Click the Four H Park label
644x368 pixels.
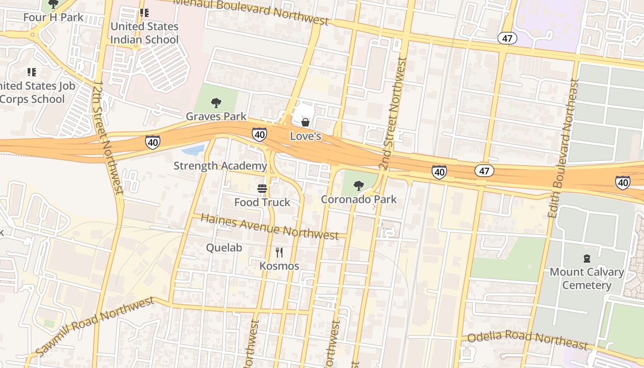click(x=53, y=17)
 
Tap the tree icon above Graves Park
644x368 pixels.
click(x=216, y=103)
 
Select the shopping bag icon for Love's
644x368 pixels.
click(x=305, y=122)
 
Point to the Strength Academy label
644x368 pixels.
click(x=220, y=166)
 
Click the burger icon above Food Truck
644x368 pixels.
click(x=262, y=189)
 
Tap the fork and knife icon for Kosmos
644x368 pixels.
click(x=279, y=252)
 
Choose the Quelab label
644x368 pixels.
click(x=224, y=247)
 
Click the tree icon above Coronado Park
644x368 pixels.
click(x=358, y=186)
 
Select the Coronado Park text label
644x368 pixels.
click(x=358, y=199)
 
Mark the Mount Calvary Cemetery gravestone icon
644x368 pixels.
click(x=586, y=259)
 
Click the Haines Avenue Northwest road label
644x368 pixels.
click(x=270, y=226)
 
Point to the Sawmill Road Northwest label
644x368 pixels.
click(x=94, y=326)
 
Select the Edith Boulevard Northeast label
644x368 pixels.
click(x=562, y=148)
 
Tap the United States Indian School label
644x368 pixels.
click(x=144, y=33)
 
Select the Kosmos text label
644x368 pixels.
click(x=279, y=266)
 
